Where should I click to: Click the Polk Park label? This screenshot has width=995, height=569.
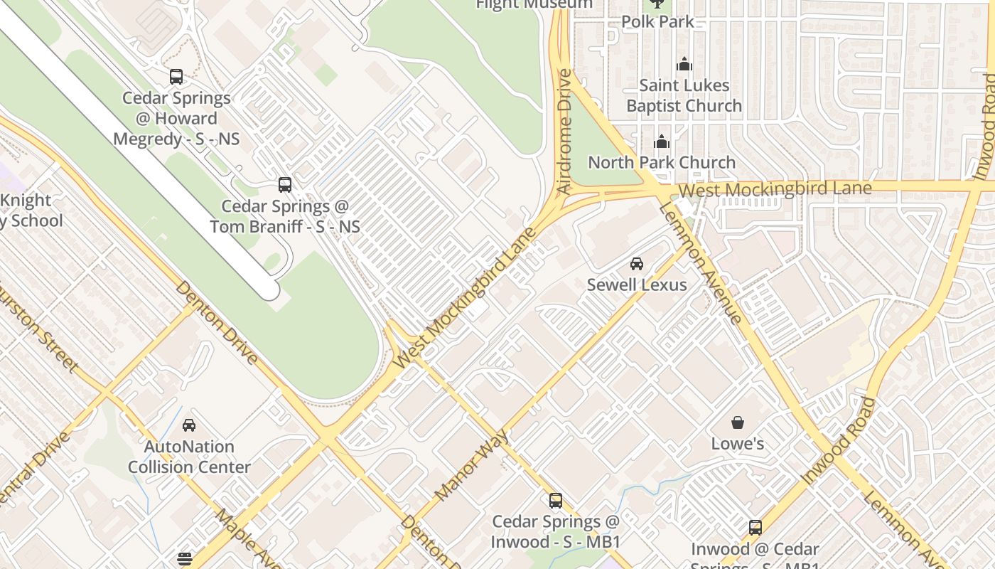pyautogui.click(x=657, y=22)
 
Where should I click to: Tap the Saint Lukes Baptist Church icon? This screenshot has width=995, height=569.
pyautogui.click(x=684, y=65)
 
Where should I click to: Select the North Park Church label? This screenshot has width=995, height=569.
pyautogui.click(x=661, y=162)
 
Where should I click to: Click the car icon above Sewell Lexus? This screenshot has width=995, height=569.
pyautogui.click(x=637, y=264)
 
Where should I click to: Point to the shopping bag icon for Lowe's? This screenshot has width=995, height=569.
pyautogui.click(x=738, y=423)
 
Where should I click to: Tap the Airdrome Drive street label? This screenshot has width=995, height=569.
pyautogui.click(x=564, y=132)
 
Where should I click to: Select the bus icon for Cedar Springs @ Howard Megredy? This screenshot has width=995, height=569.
pyautogui.click(x=176, y=77)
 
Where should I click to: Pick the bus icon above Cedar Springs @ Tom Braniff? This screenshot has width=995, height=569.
pyautogui.click(x=285, y=185)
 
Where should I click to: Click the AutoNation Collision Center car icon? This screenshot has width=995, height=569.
pyautogui.click(x=189, y=425)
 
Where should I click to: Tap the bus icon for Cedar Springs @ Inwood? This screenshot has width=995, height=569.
pyautogui.click(x=556, y=501)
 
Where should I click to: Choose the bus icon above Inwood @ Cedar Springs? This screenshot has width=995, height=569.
pyautogui.click(x=755, y=528)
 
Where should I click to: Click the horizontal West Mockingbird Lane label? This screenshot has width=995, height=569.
pyautogui.click(x=775, y=189)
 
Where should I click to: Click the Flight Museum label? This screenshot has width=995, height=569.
pyautogui.click(x=534, y=4)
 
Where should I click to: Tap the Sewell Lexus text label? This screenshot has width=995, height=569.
pyautogui.click(x=637, y=285)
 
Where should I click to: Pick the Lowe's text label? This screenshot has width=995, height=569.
pyautogui.click(x=738, y=444)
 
